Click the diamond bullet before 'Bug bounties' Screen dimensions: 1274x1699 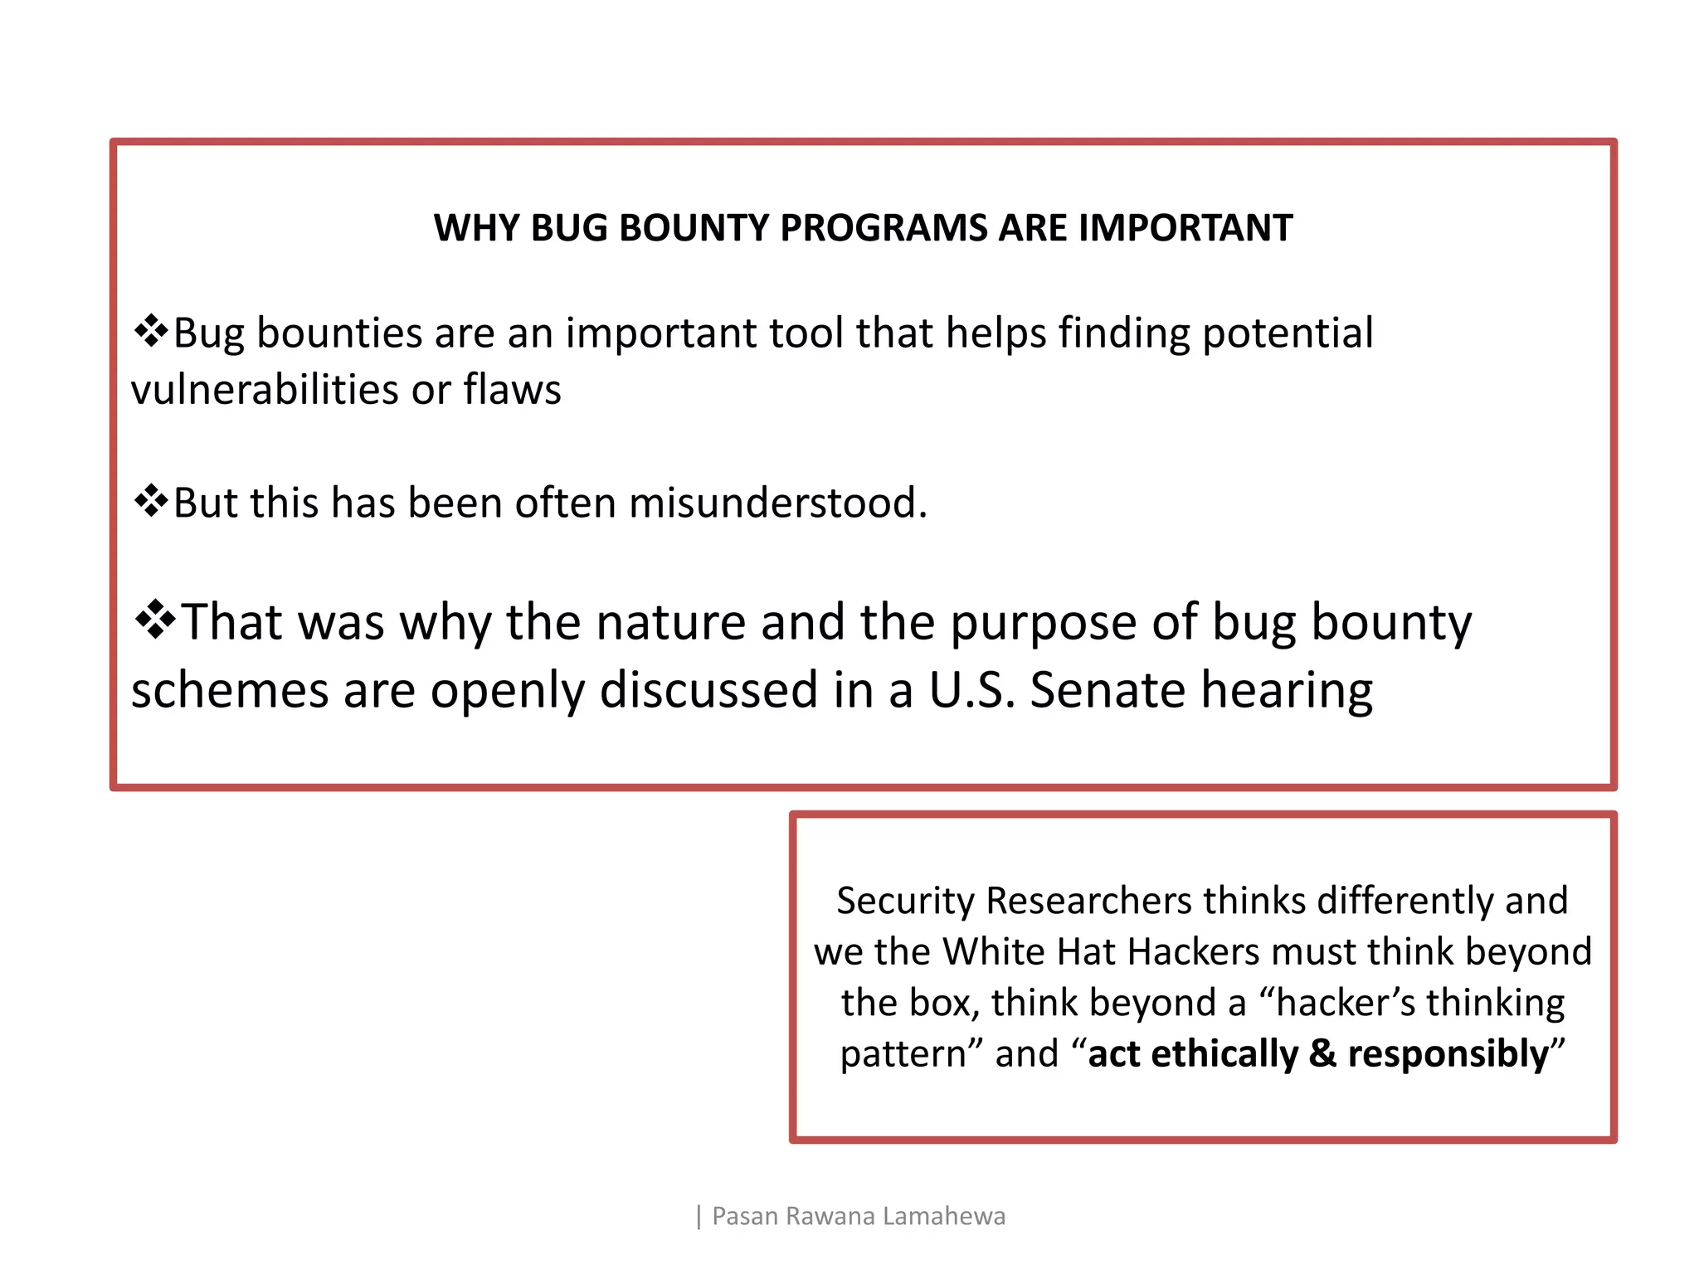click(x=151, y=332)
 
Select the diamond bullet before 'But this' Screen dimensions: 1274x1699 click(x=151, y=502)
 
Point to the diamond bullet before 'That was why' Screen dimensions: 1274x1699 click(x=154, y=620)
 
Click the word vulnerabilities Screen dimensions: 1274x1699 click(x=265, y=390)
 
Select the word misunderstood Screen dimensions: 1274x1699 click(x=777, y=503)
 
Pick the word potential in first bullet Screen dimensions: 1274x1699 click(x=1288, y=333)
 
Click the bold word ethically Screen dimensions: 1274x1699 click(x=1224, y=1054)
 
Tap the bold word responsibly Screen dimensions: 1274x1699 click(x=1448, y=1055)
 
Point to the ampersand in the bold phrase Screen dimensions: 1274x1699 click(x=1322, y=1054)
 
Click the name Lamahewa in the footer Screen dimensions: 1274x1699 click(x=944, y=1216)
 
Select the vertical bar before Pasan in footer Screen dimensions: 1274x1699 click(x=699, y=1217)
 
